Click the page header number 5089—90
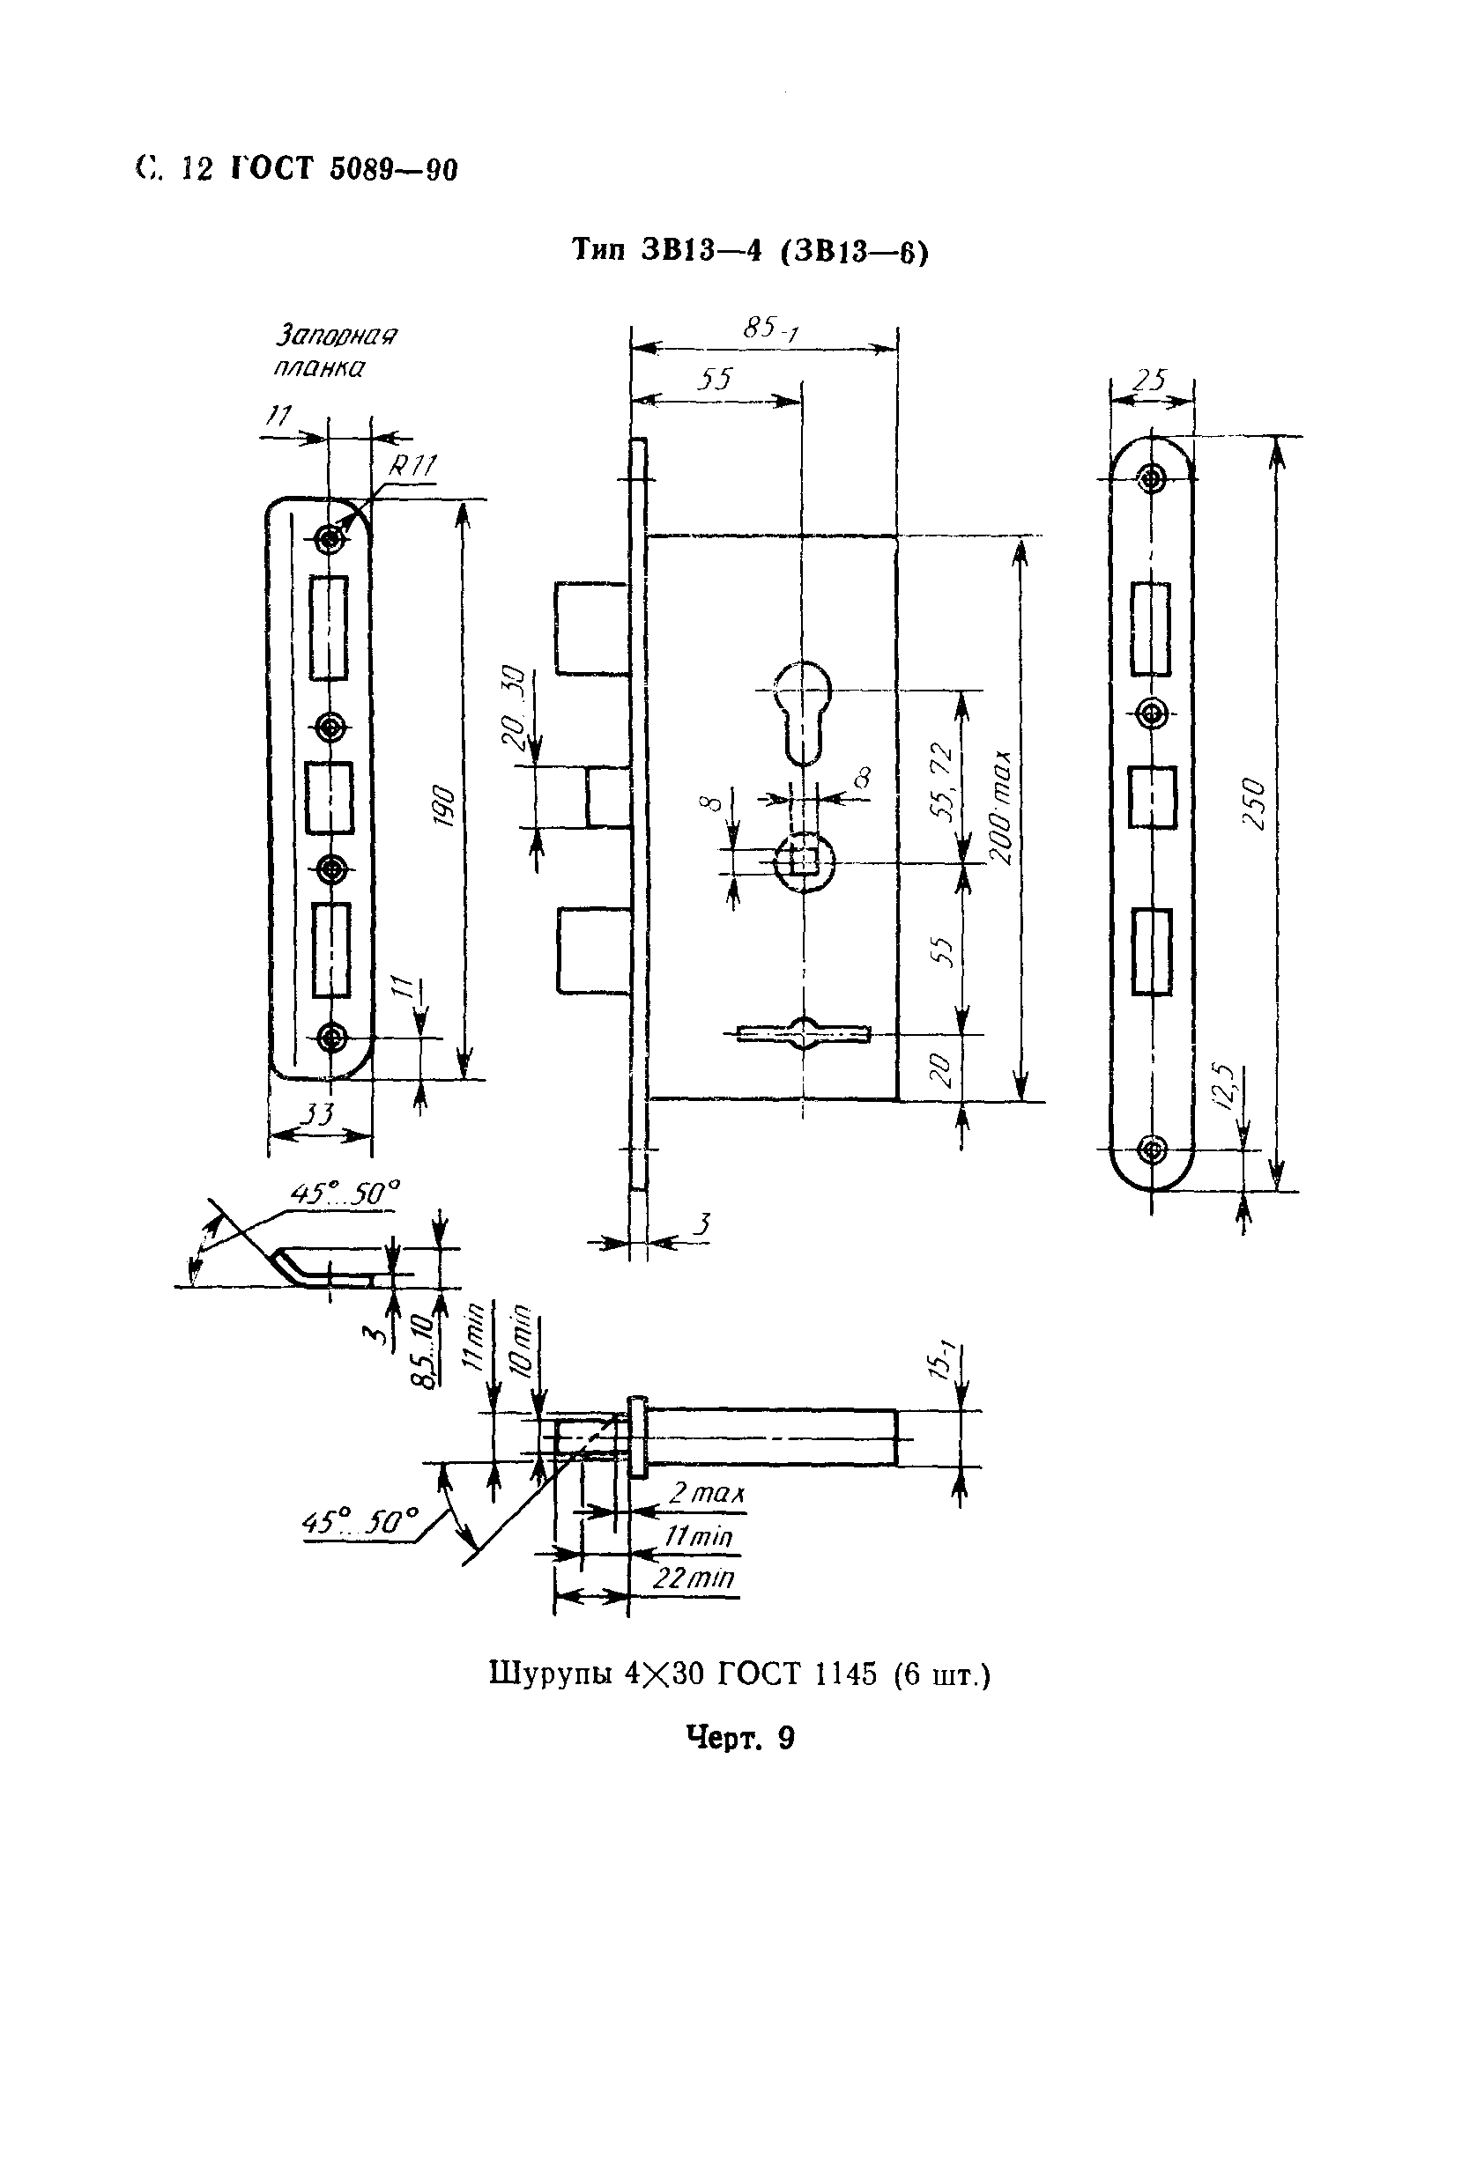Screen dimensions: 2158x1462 pos(394,170)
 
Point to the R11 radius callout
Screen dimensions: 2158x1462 pos(412,466)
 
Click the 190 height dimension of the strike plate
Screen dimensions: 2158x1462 pos(444,807)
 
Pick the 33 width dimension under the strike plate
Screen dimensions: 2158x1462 pos(319,1113)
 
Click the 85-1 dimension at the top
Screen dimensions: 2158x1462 pos(770,328)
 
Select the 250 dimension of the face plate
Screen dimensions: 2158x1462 pos(1254,803)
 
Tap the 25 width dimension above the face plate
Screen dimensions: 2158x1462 pos(1150,380)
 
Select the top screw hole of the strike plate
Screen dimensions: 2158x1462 pos(330,537)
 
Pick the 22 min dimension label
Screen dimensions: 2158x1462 pos(694,1578)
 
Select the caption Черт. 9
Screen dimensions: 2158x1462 pos(740,1736)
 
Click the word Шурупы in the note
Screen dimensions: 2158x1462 pos(550,1674)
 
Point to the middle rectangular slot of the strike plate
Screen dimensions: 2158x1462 pos(329,798)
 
